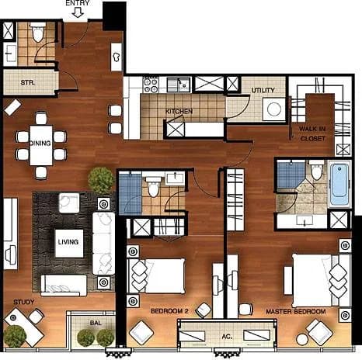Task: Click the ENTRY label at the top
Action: coord(78,3)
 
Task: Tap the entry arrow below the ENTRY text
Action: coord(78,12)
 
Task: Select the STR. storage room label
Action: coord(28,83)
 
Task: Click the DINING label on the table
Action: coord(40,144)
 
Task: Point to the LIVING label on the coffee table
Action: coord(68,242)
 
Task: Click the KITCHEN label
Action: coord(179,112)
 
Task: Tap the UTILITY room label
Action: coord(263,90)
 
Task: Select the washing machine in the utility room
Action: coord(274,109)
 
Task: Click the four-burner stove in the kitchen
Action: coord(151,85)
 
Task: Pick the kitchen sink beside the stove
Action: coord(179,85)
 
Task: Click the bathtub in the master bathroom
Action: coord(339,184)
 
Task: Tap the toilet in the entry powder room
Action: coord(38,32)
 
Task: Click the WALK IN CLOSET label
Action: coord(312,133)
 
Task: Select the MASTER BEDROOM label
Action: coord(296,312)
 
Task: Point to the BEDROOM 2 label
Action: coord(169,311)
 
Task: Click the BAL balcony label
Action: coord(96,323)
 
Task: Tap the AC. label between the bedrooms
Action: coord(227,337)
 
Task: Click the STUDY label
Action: coord(24,302)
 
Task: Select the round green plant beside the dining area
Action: coord(101,180)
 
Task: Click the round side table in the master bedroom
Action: coord(302,340)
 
